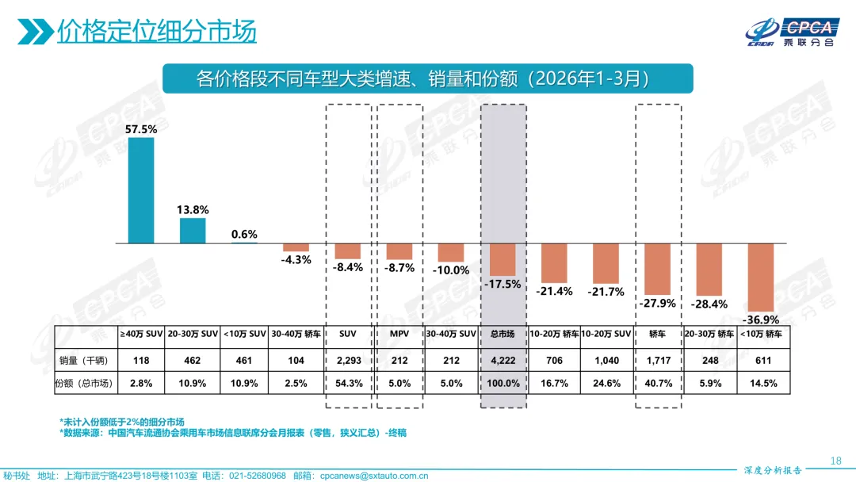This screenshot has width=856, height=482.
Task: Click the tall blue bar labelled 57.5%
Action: tap(141, 190)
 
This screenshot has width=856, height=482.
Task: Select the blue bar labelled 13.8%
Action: tap(193, 231)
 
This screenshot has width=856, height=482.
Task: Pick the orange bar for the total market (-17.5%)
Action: tap(503, 259)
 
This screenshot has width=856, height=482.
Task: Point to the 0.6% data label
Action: tap(244, 234)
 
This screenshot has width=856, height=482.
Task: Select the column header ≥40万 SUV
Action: tap(141, 335)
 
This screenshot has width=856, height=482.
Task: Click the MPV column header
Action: tap(399, 335)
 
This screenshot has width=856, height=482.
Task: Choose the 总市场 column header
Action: tap(503, 335)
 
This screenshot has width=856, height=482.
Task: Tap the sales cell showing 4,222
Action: tap(503, 361)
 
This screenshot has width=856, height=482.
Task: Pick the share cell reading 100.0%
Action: tap(503, 383)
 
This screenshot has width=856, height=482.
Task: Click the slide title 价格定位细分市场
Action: tap(156, 32)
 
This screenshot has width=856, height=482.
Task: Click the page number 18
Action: tap(835, 461)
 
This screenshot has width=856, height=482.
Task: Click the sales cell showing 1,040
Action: tap(606, 361)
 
